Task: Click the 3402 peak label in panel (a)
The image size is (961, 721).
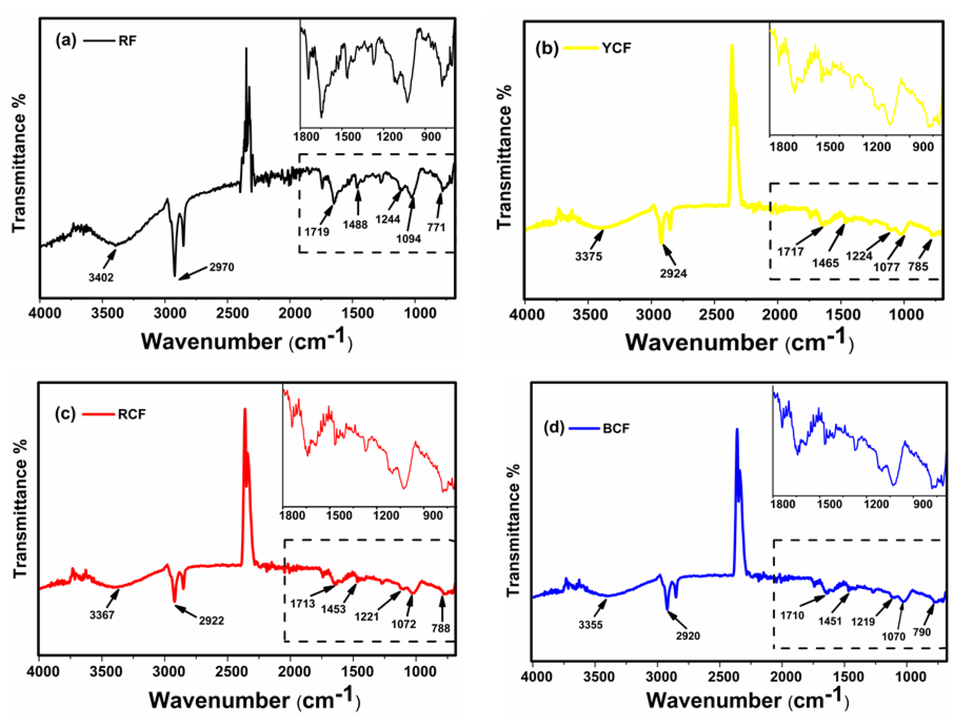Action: (x=101, y=277)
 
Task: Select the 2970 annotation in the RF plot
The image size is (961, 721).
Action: (x=222, y=267)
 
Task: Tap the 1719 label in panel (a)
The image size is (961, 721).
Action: (x=317, y=232)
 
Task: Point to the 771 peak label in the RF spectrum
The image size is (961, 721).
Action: (x=436, y=227)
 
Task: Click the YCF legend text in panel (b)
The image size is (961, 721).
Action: (x=616, y=48)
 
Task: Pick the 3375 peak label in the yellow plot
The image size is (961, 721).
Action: (x=589, y=256)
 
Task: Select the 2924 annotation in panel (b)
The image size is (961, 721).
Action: (x=673, y=273)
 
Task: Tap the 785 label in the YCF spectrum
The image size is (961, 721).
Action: (x=918, y=266)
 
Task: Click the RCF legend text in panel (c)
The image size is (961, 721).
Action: (x=132, y=414)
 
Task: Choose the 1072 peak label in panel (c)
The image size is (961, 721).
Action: (x=404, y=624)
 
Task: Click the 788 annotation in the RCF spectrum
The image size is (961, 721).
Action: (x=441, y=628)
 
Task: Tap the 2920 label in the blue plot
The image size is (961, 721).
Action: (x=688, y=636)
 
